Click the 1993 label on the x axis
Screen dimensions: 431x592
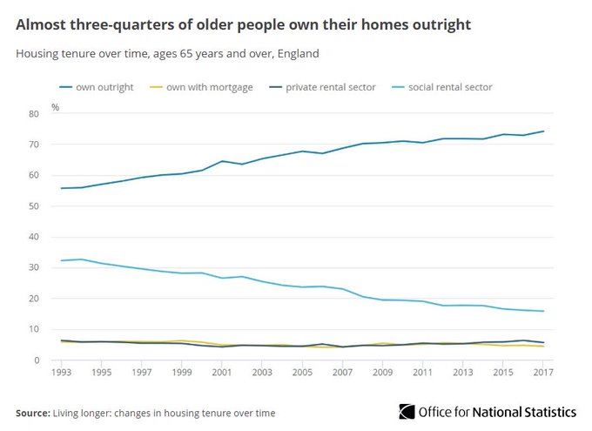point(61,372)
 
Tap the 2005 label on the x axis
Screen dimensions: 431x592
point(302,372)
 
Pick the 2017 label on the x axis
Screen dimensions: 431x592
point(543,372)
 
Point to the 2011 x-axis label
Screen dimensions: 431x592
point(423,372)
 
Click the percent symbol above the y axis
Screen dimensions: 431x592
point(55,107)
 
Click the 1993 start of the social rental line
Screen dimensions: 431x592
point(61,260)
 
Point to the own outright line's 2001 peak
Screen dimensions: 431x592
point(222,161)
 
